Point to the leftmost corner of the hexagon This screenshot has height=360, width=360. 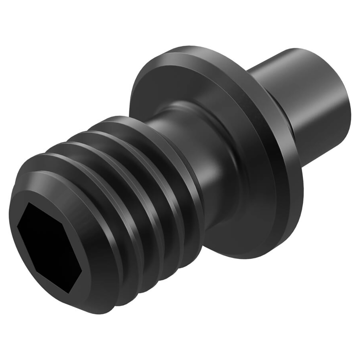point(17,225)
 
